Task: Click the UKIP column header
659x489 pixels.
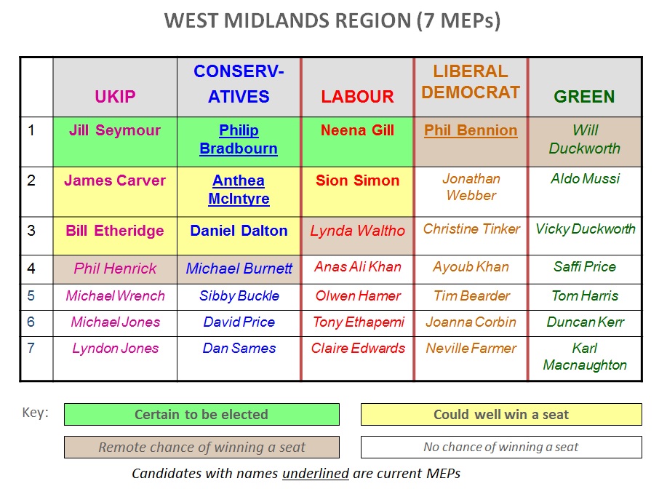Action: pos(115,97)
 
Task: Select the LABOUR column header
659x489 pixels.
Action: pos(358,97)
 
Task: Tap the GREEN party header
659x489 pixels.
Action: pos(584,97)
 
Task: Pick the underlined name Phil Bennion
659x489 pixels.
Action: pos(471,130)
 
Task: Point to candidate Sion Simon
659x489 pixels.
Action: pos(358,180)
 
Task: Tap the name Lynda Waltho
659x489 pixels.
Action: pos(358,231)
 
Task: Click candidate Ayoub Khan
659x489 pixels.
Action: pos(471,266)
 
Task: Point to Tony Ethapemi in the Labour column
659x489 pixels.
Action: pos(359,322)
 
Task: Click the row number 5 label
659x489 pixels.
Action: pos(31,295)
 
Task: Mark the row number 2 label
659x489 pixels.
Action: pos(31,180)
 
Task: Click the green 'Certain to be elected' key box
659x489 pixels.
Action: pos(201,415)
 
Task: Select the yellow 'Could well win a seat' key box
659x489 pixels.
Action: pos(501,415)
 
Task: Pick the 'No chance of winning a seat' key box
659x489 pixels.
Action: pos(501,447)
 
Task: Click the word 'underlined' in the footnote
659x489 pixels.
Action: pos(316,474)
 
